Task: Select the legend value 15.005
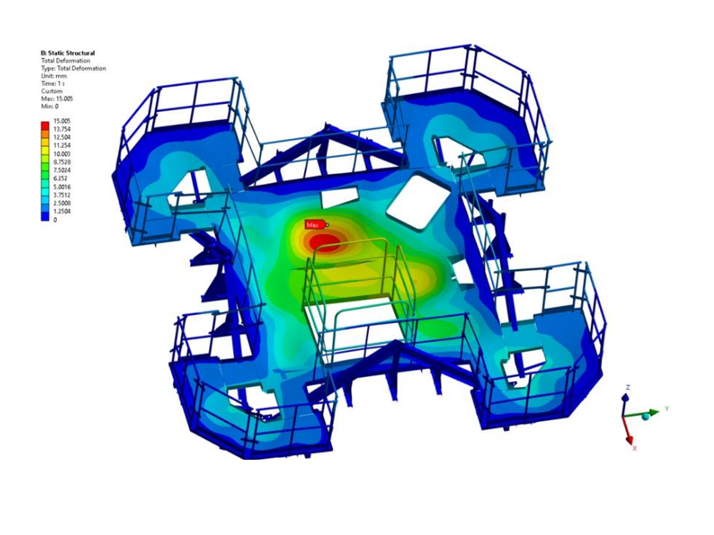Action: click(x=62, y=121)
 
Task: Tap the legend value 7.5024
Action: click(x=62, y=170)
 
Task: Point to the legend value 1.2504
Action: click(x=62, y=211)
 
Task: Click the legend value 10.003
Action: click(x=62, y=154)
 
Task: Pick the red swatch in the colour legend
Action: click(x=45, y=125)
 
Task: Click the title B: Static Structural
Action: click(x=68, y=53)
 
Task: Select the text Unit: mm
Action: click(x=54, y=76)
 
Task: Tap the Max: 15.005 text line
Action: click(x=57, y=99)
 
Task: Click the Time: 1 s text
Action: click(x=53, y=84)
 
